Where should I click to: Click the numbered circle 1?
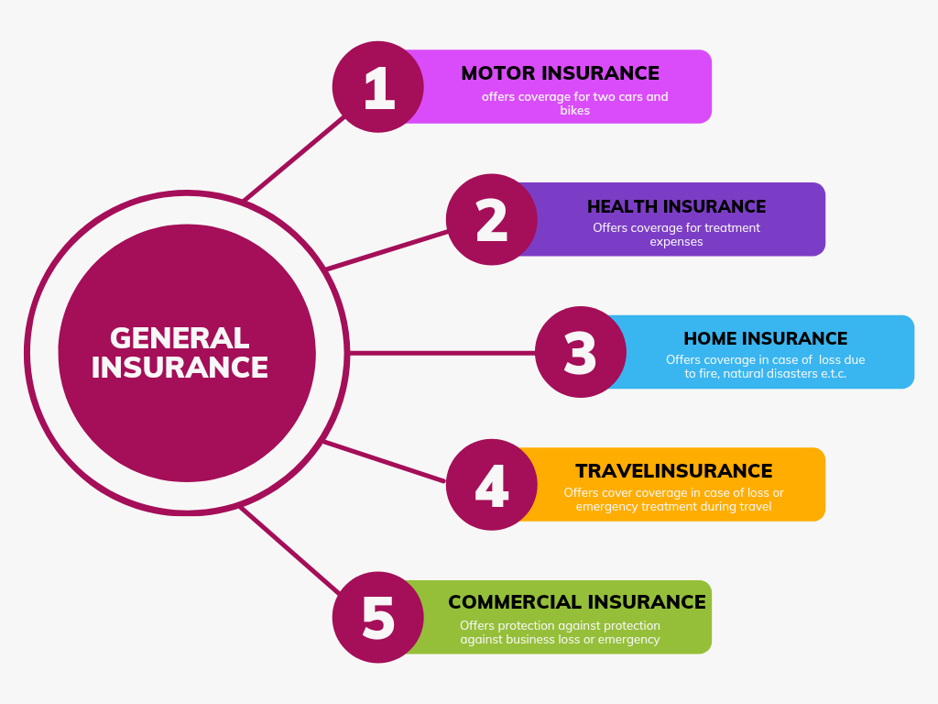click(378, 87)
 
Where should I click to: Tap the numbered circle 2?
click(492, 220)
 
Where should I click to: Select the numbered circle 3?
click(580, 352)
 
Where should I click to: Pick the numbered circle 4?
click(492, 484)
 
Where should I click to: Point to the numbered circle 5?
click(378, 617)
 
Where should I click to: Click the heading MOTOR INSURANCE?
click(560, 73)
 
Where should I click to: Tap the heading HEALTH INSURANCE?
click(677, 206)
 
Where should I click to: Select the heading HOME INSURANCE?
click(766, 339)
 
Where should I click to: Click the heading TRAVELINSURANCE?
click(674, 471)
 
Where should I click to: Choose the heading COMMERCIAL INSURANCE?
click(577, 602)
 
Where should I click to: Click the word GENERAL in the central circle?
click(180, 338)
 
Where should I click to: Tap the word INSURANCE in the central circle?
click(180, 368)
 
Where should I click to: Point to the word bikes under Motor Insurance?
click(575, 111)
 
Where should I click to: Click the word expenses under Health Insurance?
click(677, 242)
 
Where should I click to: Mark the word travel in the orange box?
click(756, 506)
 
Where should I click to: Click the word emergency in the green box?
click(628, 640)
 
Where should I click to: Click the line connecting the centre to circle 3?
click(442, 353)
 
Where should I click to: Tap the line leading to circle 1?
click(294, 158)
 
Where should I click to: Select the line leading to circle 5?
click(290, 550)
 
